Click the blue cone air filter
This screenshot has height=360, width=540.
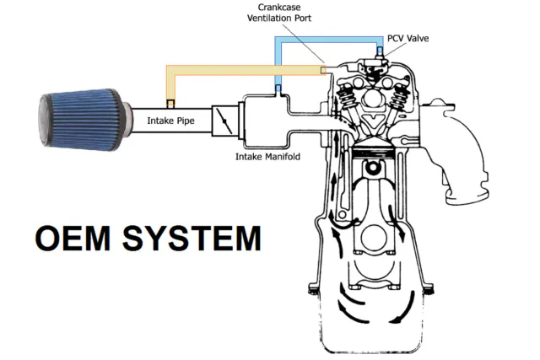point(80,120)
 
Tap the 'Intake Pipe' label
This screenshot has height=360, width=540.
point(171,121)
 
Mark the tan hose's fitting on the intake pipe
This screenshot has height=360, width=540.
point(171,103)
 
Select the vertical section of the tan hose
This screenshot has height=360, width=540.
point(171,84)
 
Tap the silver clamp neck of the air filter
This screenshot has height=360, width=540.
point(127,120)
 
